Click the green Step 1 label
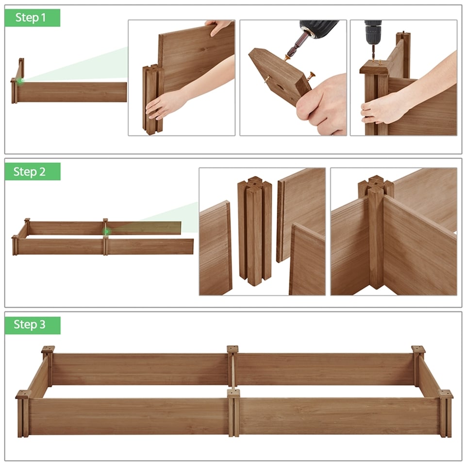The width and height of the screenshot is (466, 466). click(32, 18)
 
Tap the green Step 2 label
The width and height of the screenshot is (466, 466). click(32, 172)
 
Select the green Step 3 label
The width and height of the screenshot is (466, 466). click(32, 325)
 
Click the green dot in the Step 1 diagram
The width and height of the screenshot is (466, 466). click(20, 81)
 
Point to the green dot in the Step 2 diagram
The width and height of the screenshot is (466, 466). click(106, 232)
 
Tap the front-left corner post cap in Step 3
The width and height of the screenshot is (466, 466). click(23, 394)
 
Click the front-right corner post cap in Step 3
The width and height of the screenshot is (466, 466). click(445, 394)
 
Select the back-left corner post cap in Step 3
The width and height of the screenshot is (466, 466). click(48, 349)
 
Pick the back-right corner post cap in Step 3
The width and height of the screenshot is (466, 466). click(418, 349)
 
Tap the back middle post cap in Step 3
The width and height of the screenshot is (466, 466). click(233, 349)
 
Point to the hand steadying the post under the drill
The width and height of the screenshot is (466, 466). click(383, 109)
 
